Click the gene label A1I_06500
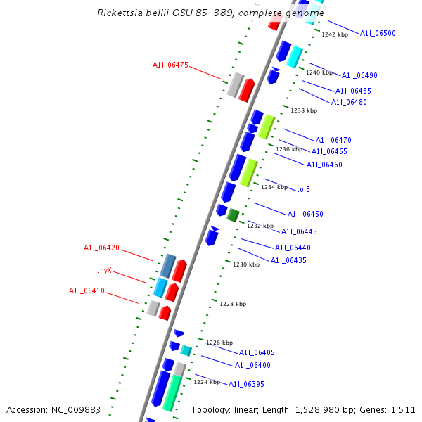pyautogui.click(x=378, y=33)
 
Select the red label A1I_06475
pyautogui.click(x=170, y=65)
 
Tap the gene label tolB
pyautogui.click(x=303, y=189)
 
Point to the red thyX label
pyautogui.click(x=104, y=270)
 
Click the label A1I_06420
pyautogui.click(x=101, y=248)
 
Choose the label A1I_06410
pyautogui.click(x=87, y=290)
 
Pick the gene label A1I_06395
pyautogui.click(x=246, y=384)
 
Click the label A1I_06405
pyautogui.click(x=257, y=352)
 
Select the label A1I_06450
pyautogui.click(x=305, y=214)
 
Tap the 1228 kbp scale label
pyautogui.click(x=233, y=304)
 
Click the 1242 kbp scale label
pyautogui.click(x=335, y=34)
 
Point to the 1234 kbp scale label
pyautogui.click(x=274, y=187)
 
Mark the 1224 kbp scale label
pyautogui.click(x=207, y=382)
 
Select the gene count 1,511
pyautogui.click(x=402, y=409)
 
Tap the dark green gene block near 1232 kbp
pyautogui.click(x=233, y=215)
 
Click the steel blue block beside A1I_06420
pyautogui.click(x=167, y=266)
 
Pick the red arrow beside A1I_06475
pyautogui.click(x=246, y=89)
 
